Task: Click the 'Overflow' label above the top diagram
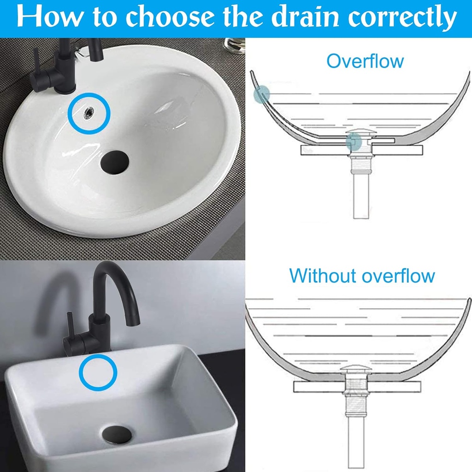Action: pyautogui.click(x=365, y=61)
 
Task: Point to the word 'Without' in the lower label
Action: pyautogui.click(x=323, y=276)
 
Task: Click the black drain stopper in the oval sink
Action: pyautogui.click(x=115, y=162)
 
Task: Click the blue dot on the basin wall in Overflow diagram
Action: pyautogui.click(x=261, y=94)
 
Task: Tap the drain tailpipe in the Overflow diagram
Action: pyautogui.click(x=360, y=198)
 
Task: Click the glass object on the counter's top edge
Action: pyautogui.click(x=234, y=45)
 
